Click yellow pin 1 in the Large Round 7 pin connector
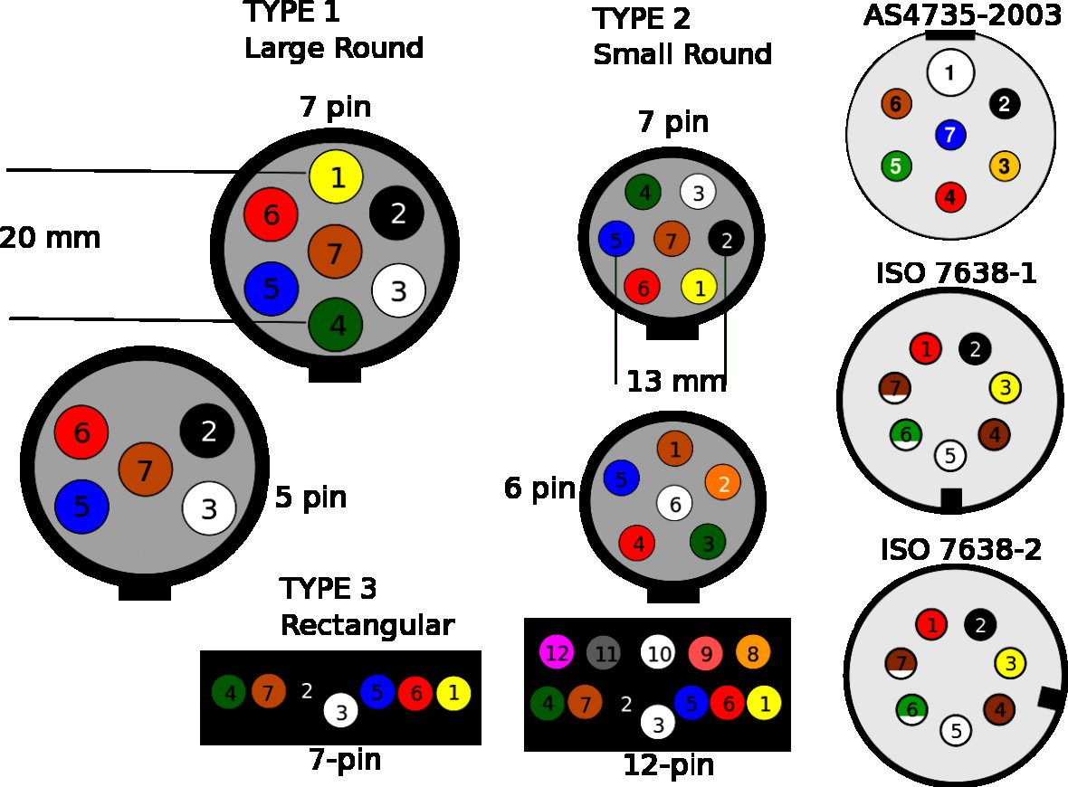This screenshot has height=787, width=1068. (336, 177)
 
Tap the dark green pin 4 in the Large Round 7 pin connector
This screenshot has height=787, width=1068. (336, 324)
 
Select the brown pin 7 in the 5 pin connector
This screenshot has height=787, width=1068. (146, 469)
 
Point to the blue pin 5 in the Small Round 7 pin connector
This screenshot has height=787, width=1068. (616, 241)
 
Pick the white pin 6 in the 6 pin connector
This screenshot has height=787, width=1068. (674, 503)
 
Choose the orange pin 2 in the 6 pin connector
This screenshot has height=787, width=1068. (723, 482)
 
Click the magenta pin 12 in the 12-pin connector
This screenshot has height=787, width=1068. (557, 652)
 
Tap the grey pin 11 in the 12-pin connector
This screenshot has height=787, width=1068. (605, 652)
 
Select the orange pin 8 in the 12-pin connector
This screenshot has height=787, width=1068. (752, 652)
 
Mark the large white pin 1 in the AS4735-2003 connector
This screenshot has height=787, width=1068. (949, 73)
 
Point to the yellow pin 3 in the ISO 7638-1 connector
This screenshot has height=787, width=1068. (1006, 388)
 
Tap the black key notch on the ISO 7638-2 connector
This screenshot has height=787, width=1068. (1050, 697)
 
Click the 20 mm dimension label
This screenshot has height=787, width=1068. (50, 239)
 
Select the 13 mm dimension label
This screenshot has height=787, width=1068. (676, 382)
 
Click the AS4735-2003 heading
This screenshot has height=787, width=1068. (961, 16)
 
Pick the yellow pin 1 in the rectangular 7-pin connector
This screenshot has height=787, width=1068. (453, 694)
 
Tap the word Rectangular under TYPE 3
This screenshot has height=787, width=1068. (367, 625)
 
